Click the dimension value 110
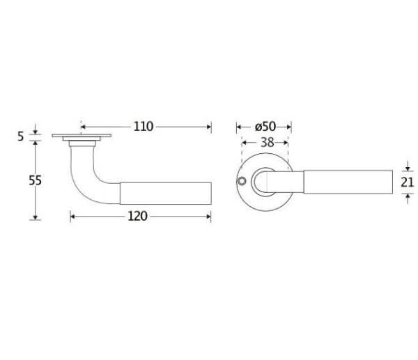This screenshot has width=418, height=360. [144, 127]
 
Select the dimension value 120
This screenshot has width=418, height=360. [137, 216]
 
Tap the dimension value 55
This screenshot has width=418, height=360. [36, 180]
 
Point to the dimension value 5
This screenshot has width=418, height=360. [21, 136]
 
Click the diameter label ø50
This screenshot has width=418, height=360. [265, 127]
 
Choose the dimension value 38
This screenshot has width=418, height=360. [268, 143]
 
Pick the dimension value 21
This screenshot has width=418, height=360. [408, 182]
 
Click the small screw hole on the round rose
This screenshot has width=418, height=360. [242, 181]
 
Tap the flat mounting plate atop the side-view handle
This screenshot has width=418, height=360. [82, 136]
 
